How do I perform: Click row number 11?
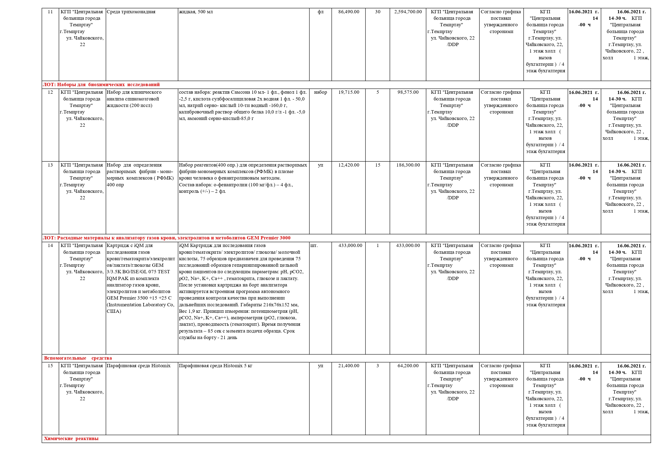[50, 12]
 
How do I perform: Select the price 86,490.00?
[349, 12]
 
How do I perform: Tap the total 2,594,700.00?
[408, 12]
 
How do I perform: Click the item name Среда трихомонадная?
[131, 12]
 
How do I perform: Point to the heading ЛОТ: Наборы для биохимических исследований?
[101, 84]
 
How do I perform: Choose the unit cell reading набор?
[320, 92]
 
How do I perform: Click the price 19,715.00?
[349, 92]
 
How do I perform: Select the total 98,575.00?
[408, 92]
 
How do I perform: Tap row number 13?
[50, 165]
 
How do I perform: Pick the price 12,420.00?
[349, 165]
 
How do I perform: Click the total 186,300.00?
[408, 165]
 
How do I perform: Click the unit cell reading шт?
[314, 246]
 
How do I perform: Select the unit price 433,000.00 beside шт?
[350, 246]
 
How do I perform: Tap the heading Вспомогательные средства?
[78, 358]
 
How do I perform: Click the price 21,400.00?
[349, 366]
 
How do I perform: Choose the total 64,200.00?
[408, 366]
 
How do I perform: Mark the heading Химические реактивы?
[71, 439]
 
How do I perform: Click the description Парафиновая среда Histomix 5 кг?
[215, 366]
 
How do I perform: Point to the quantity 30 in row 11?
[378, 12]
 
